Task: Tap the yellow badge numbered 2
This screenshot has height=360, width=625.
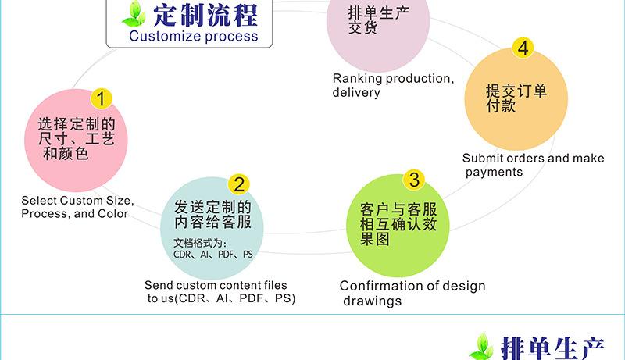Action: click(239, 184)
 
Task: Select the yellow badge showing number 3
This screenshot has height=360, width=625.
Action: click(415, 180)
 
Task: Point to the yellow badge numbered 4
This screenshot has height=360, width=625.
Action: click(523, 48)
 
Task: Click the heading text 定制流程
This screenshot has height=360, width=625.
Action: click(205, 15)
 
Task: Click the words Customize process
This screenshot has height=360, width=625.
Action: click(193, 36)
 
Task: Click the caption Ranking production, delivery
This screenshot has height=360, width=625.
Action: click(392, 85)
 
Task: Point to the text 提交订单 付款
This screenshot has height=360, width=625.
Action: click(516, 98)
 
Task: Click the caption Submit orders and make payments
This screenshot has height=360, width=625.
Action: click(533, 165)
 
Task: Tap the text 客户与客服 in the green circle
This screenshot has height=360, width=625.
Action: click(398, 210)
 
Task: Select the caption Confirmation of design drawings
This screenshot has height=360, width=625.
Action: click(412, 293)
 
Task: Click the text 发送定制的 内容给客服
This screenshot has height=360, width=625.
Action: click(212, 214)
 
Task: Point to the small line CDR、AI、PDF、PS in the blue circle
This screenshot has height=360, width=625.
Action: click(212, 255)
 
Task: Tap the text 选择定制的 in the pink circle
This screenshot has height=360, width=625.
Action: click(77, 125)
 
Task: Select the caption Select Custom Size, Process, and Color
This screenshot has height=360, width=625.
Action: click(76, 207)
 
